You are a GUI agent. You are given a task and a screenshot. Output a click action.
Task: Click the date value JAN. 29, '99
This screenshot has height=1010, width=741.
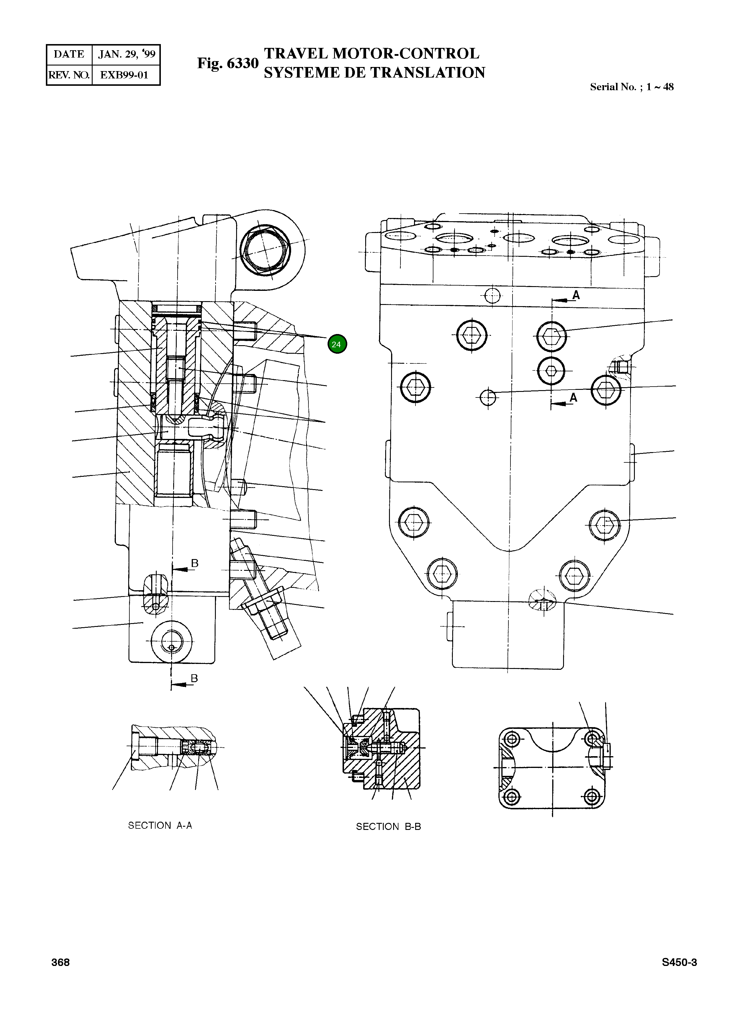tap(126, 55)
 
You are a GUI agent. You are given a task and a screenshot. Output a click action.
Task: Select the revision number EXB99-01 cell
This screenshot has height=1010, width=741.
tap(124, 75)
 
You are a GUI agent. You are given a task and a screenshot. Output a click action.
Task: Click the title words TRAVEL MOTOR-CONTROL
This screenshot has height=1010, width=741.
tap(371, 53)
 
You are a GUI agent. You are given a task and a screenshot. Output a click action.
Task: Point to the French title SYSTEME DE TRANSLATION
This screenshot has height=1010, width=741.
tap(374, 73)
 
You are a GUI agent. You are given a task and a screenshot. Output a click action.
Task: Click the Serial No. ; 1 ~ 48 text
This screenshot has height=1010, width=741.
tap(632, 87)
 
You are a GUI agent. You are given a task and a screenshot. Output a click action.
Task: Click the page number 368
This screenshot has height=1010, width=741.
tap(61, 962)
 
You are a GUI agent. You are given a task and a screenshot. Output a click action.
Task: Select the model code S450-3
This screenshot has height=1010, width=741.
tap(679, 962)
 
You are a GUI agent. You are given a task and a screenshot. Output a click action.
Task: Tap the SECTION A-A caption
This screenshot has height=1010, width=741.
tap(160, 826)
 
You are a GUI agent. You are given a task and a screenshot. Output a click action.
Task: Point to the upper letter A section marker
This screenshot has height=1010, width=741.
tap(576, 295)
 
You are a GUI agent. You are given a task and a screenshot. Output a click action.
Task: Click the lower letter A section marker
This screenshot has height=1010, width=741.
tap(573, 397)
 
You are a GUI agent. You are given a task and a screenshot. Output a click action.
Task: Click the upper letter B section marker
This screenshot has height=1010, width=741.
tap(195, 563)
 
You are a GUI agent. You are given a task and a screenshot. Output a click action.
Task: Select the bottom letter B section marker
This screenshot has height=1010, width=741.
tap(194, 678)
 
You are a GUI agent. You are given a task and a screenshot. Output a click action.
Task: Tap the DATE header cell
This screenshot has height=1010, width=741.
tap(69, 55)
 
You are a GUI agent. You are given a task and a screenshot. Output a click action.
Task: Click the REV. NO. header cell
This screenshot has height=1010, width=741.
tap(69, 75)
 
